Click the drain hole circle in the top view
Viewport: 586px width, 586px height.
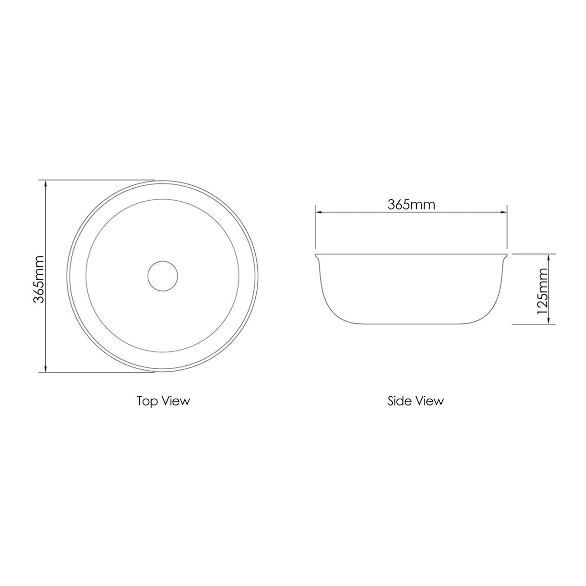click(x=163, y=276)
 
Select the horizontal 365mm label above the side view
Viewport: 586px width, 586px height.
click(x=411, y=204)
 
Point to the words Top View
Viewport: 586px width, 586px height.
click(x=163, y=401)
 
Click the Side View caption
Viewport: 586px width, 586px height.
click(x=415, y=401)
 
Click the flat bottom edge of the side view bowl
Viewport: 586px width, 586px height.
click(x=411, y=324)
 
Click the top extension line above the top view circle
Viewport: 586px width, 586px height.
click(x=97, y=180)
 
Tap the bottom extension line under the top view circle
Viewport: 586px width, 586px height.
click(x=97, y=373)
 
